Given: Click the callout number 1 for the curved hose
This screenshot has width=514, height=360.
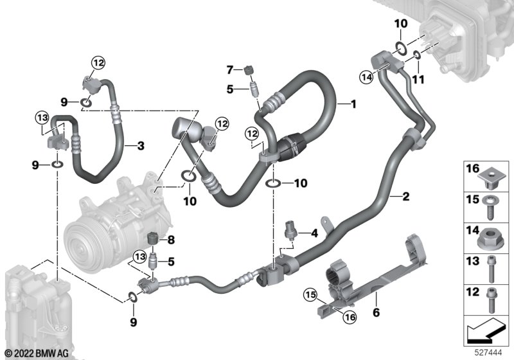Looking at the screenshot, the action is [353, 104].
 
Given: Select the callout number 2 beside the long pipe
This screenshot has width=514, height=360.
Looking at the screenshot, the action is [406, 197].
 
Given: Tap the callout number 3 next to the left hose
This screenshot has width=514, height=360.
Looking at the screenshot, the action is [141, 145].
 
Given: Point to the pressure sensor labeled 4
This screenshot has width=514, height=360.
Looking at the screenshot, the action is [290, 230].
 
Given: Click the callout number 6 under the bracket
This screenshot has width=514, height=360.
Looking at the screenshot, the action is [376, 312].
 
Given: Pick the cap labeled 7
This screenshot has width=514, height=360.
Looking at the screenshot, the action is [249, 70].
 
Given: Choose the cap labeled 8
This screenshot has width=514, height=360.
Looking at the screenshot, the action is [152, 238].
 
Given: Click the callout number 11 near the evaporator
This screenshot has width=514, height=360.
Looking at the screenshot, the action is [418, 79].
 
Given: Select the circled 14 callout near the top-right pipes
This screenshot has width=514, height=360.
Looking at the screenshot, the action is [366, 77].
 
